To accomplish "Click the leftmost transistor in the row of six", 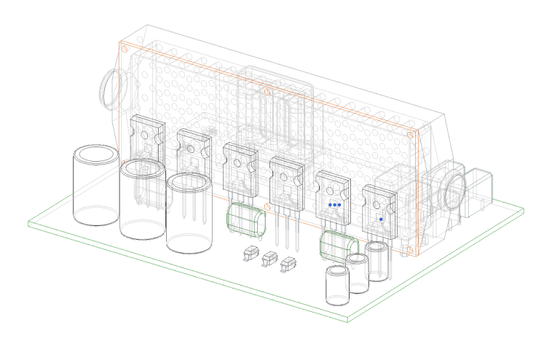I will (146, 138).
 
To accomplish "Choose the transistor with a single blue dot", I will (379, 211).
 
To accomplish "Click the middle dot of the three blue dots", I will (334, 206).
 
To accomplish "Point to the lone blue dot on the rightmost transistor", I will (381, 219).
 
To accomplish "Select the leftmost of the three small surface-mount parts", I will (251, 252).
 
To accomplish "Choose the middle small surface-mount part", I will (270, 258).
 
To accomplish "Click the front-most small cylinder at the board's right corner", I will (336, 286).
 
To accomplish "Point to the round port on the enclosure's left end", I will (113, 87).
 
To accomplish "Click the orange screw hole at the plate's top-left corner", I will (124, 49).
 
